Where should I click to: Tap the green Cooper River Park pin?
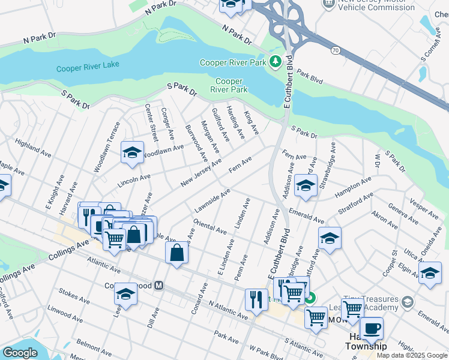[x=276, y=62]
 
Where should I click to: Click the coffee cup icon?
[x=372, y=328]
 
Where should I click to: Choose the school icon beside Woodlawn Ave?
[x=132, y=154]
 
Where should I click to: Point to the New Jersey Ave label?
[x=200, y=173]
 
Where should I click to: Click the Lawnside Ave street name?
[x=212, y=201]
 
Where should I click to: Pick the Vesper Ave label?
[x=424, y=207]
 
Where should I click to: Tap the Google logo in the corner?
[x=20, y=353]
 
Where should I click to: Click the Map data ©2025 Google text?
[x=412, y=355]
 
